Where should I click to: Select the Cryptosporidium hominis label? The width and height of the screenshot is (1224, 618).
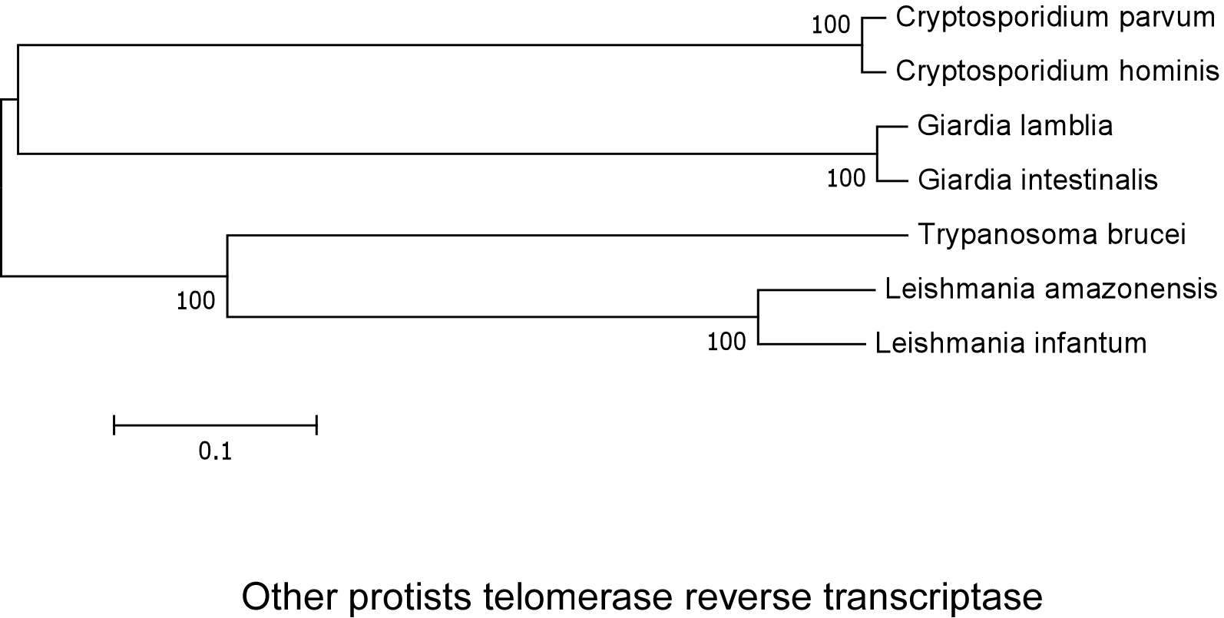coord(1057,72)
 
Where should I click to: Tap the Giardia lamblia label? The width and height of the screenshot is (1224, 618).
coord(1014,125)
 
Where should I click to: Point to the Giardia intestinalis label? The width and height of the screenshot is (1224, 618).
coord(1037,180)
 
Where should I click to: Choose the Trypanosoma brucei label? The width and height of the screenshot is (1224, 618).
coord(1051,234)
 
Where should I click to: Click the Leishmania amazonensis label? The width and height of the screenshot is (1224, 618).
coord(1050,289)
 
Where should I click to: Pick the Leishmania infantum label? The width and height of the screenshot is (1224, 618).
coord(1011,343)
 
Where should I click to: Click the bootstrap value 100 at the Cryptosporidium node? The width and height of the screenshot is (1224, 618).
coord(832,25)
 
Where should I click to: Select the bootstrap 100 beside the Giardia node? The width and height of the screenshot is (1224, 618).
coord(846,178)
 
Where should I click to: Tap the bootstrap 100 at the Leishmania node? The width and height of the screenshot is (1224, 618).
coord(727,340)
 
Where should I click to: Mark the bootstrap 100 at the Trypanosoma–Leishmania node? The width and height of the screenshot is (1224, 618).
coord(196,300)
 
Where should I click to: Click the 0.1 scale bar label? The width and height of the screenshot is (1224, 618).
coord(215,451)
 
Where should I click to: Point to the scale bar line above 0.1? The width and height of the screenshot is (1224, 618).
coord(215,424)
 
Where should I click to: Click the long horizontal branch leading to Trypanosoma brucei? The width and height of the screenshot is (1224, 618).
coord(568,235)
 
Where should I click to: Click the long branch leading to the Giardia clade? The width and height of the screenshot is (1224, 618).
coord(445,154)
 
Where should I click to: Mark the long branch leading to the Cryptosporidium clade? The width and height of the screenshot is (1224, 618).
coord(438,45)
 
